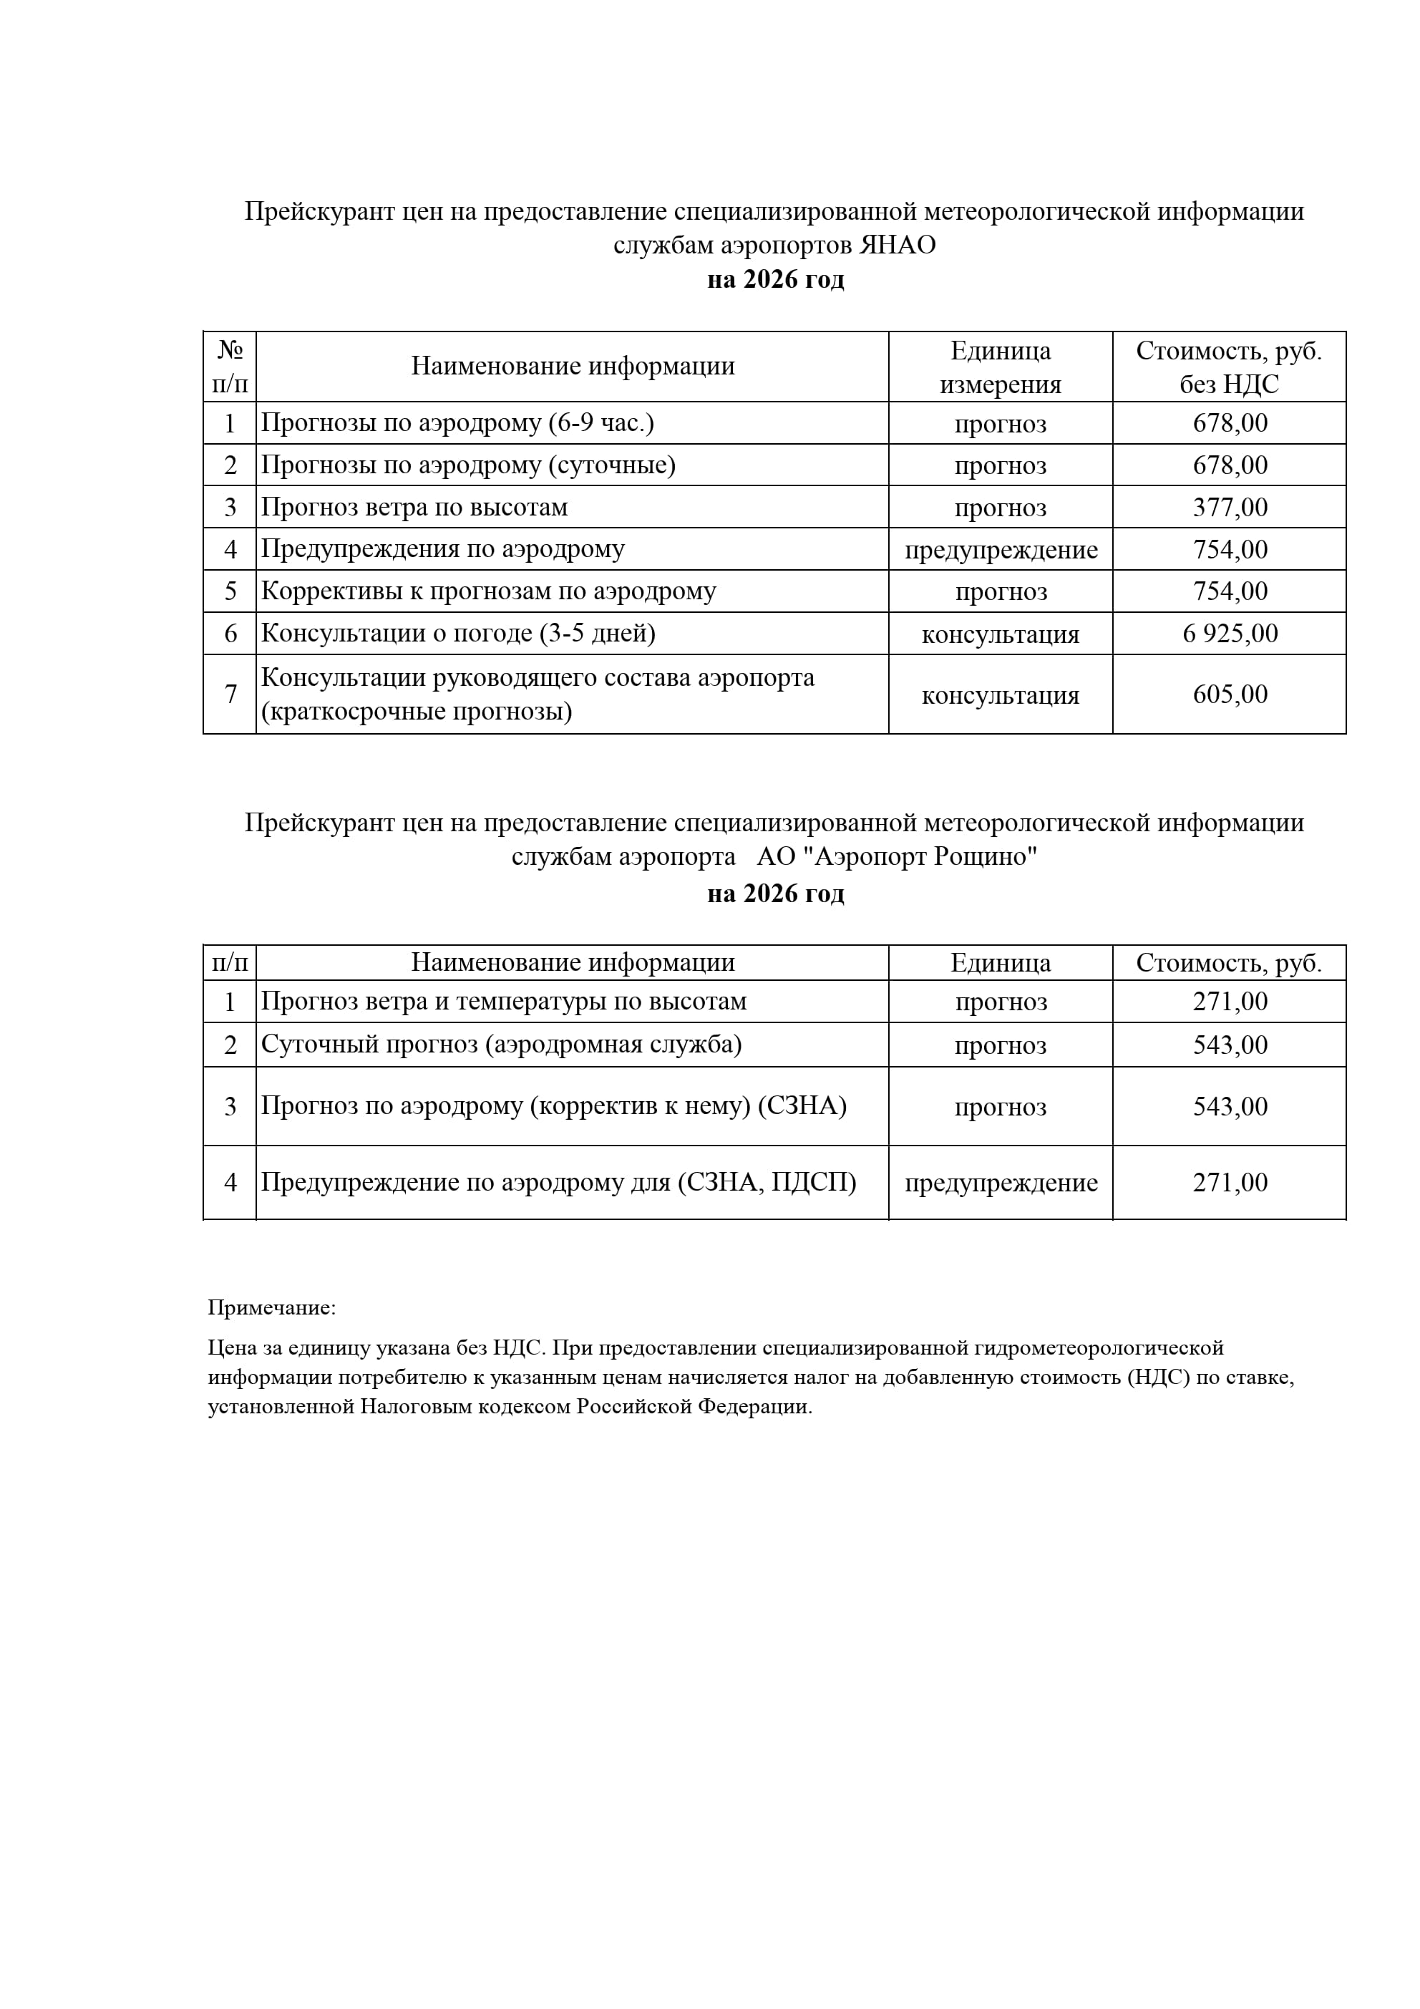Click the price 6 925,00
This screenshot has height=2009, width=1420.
point(1230,634)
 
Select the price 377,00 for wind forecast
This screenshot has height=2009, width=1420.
point(1230,508)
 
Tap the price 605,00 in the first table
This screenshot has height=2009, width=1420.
point(1230,694)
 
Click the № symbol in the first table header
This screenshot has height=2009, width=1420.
point(229,350)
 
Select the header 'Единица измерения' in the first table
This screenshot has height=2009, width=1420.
point(1000,367)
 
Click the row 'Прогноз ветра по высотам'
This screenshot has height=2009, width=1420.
point(414,508)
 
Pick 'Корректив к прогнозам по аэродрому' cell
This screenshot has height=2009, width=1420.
point(488,591)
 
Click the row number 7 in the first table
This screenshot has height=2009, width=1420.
point(230,694)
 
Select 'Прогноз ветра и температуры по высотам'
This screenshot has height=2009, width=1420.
point(504,1002)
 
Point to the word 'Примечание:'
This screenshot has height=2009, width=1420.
point(271,1308)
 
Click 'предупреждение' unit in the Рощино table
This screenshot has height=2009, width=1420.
point(1001,1183)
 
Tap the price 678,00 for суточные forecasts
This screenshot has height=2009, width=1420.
point(1230,465)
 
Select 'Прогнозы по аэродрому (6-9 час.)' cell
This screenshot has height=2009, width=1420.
point(457,424)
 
